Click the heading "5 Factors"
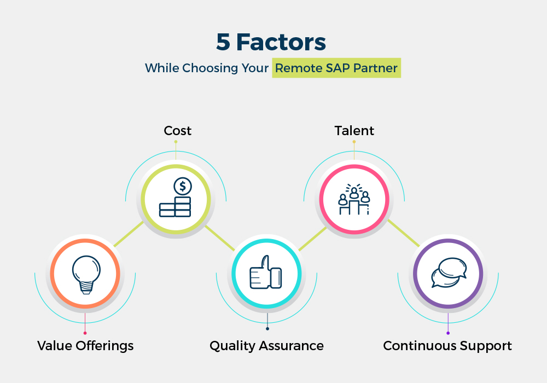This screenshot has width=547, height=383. click(271, 42)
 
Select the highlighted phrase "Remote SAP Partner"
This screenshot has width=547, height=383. click(336, 68)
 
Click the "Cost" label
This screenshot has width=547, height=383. click(178, 131)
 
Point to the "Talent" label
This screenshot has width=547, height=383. click(354, 131)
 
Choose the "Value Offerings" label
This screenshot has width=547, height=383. click(85, 346)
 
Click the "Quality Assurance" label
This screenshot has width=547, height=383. click(266, 346)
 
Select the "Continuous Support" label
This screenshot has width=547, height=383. click(447, 346)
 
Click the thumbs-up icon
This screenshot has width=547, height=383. click(266, 272)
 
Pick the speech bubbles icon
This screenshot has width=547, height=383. click(449, 272)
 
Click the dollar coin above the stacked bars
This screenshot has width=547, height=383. click(183, 186)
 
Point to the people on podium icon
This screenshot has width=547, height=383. click(354, 199)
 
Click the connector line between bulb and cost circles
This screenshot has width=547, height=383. click(129, 234)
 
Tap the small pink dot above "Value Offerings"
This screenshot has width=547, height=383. click(85, 333)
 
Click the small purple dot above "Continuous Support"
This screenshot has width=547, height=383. click(448, 333)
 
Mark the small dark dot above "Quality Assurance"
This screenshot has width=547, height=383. click(267, 329)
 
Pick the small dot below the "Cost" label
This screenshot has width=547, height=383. click(176, 142)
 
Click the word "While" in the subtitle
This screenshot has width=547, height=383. click(162, 68)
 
